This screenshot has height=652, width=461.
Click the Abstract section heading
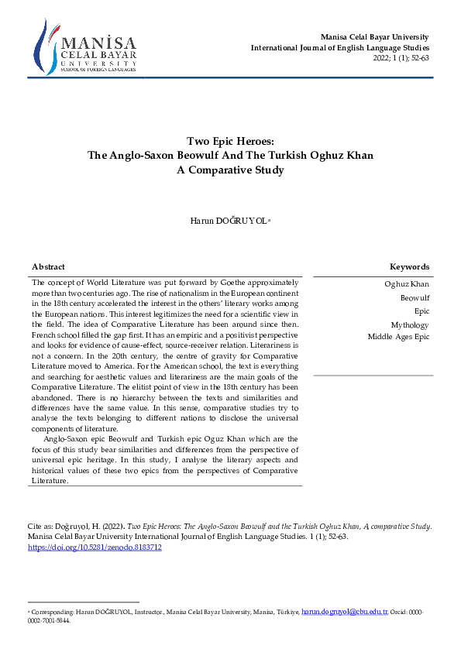[x=48, y=266]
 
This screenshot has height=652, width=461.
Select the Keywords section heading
[x=409, y=266]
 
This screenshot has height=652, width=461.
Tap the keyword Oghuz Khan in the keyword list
[x=407, y=284]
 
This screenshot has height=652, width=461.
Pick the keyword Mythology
[x=410, y=325]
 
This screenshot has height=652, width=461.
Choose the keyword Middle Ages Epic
[x=398, y=337]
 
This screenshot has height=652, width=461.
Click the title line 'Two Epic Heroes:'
[x=230, y=141]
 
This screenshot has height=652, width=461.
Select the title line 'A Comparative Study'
[x=230, y=170]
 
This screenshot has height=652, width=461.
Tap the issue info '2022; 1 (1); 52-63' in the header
[x=401, y=58]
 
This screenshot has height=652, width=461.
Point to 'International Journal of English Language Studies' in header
[x=339, y=48]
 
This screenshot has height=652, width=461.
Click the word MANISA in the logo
[x=98, y=43]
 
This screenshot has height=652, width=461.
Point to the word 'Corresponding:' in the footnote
[x=53, y=612]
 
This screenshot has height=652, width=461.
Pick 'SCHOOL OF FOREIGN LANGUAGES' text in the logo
[x=98, y=70]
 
